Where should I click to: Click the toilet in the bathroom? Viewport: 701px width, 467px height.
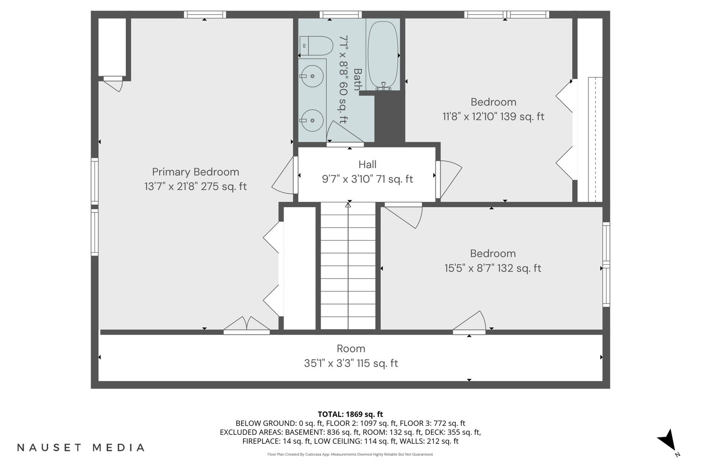tap(316, 46)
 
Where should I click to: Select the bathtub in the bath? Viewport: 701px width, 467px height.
tap(383, 56)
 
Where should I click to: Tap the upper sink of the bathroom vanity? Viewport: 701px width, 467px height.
tap(312, 76)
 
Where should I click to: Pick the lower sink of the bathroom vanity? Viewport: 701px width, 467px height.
tap(312, 120)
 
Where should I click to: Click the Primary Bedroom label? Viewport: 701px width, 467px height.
tap(196, 172)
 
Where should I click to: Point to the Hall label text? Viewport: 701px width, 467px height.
tap(367, 164)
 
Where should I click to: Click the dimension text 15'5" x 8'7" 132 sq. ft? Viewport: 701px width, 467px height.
tap(493, 268)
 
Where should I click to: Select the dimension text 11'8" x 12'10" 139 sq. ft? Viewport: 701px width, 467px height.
tap(494, 116)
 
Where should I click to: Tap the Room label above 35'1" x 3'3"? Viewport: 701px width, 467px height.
tap(351, 348)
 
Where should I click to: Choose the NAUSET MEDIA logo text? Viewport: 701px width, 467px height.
tap(81, 447)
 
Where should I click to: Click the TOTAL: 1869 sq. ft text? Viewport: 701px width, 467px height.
tap(350, 414)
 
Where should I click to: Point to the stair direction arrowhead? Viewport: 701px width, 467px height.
tap(348, 205)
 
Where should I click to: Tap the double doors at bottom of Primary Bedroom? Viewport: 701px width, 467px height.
tap(247, 325)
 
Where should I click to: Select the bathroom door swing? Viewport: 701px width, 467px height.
tap(345, 133)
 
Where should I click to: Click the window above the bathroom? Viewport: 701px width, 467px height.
tap(341, 14)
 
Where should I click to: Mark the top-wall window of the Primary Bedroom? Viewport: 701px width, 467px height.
tap(205, 14)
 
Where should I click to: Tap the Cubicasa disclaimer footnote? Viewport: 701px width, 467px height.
tap(350, 454)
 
